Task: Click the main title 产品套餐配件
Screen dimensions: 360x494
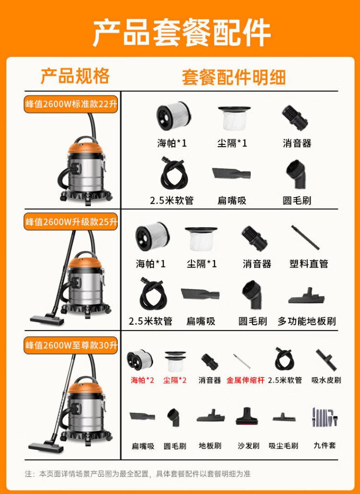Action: click(181, 33)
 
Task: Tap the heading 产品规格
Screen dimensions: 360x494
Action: click(75, 76)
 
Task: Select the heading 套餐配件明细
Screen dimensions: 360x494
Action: click(234, 77)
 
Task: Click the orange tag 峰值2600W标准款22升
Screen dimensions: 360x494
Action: click(72, 104)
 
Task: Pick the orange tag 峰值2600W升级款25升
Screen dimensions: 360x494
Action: click(72, 222)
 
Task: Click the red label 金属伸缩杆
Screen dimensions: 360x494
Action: click(246, 380)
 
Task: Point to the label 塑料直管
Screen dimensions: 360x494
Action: click(309, 264)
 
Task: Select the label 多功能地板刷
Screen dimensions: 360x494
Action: click(307, 321)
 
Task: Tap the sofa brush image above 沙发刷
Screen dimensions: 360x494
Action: click(248, 416)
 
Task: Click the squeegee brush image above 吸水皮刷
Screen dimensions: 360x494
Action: click(326, 360)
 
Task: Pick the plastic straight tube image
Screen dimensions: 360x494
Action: click(305, 237)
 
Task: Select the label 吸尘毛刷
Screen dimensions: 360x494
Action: click(283, 446)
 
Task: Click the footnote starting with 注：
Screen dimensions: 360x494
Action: click(137, 473)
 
